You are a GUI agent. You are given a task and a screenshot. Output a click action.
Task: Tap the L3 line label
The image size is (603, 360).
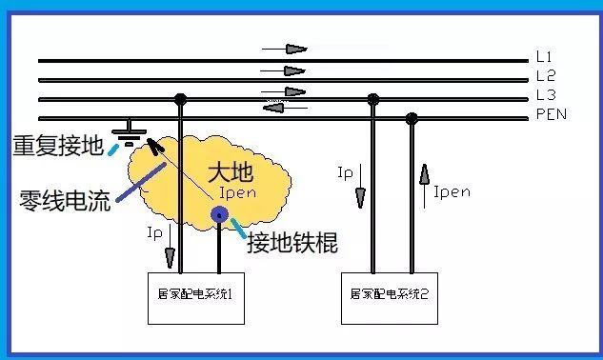point(545,95)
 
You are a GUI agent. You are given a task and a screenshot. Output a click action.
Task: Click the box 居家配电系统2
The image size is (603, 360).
point(390,296)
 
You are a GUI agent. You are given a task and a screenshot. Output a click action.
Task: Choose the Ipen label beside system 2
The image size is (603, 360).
point(452,191)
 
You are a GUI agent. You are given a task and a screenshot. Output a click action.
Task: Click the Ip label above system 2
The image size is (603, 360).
point(347,173)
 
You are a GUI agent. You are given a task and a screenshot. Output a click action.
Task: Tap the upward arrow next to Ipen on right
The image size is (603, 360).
point(423,176)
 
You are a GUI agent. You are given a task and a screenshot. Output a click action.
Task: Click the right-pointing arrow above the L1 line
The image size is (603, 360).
point(295,49)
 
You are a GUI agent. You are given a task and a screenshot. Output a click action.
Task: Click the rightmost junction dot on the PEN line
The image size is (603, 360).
point(412,118)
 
